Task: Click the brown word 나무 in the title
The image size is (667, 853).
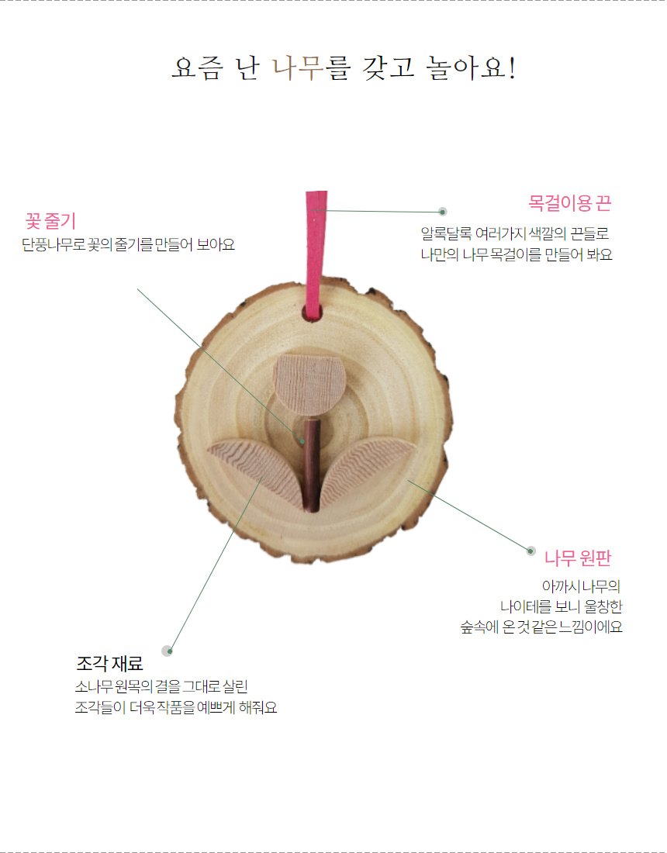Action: point(299,68)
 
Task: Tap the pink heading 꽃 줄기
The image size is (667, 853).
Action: point(50,221)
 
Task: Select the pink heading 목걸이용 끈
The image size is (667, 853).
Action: point(570,204)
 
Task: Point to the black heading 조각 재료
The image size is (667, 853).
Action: point(109,664)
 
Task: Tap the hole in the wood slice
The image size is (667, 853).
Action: point(313,313)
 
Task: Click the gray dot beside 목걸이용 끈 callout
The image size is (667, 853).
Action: point(442,211)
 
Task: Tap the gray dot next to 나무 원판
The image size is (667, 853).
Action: point(531,551)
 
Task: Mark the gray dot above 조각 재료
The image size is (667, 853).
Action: point(166,650)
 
